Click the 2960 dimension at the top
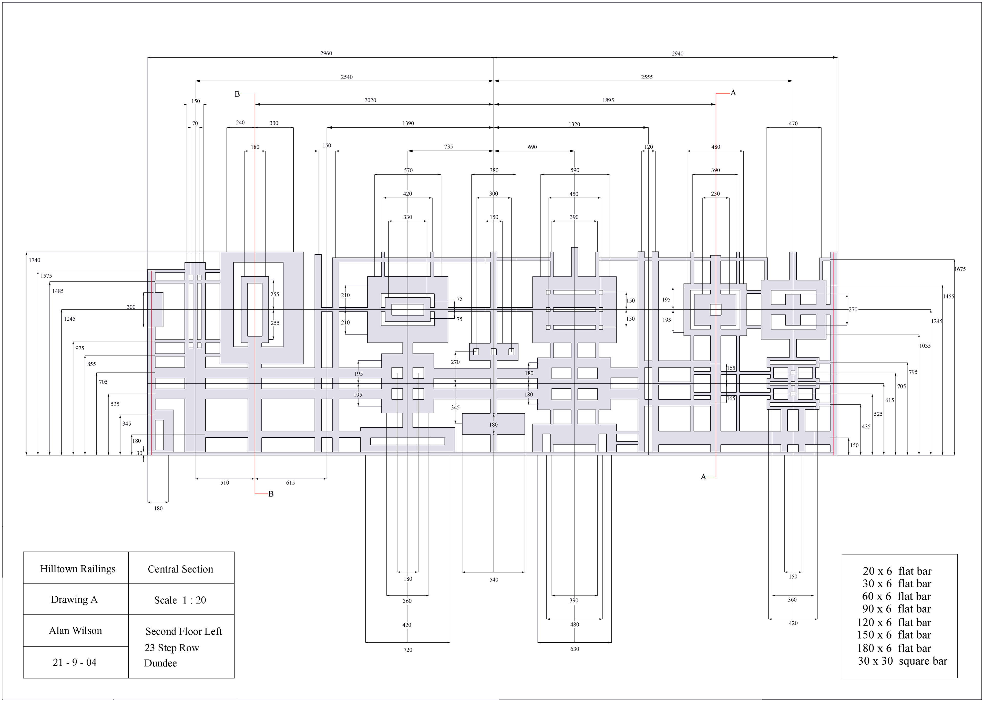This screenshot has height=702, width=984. tap(326, 53)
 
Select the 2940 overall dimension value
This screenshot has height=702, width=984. tap(677, 53)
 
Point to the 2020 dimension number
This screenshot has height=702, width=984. tap(370, 100)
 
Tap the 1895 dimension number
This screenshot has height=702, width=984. tap(608, 100)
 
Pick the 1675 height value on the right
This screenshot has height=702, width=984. tap(960, 269)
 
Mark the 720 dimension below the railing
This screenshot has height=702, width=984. tap(408, 650)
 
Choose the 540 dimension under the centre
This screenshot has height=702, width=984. tap(494, 580)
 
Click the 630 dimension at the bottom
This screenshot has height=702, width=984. tap(574, 649)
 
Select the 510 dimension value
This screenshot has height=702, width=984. tap(224, 483)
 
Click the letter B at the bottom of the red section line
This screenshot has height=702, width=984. tap(271, 494)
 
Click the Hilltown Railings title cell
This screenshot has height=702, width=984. tap(78, 569)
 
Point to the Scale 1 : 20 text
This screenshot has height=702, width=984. tap(180, 600)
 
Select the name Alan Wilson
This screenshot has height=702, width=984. tap(75, 631)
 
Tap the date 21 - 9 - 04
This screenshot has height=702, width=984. tap(74, 662)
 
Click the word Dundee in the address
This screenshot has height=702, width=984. tap(160, 663)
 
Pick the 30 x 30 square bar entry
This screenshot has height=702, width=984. tap(902, 661)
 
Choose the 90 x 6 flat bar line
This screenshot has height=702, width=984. tap(896, 609)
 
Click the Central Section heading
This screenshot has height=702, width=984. tap(180, 569)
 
